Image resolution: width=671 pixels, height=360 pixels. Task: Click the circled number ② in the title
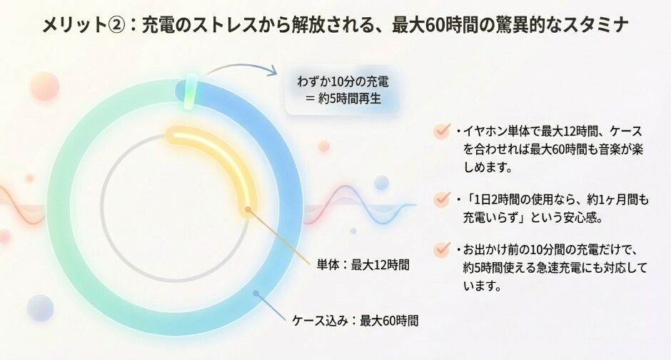click(x=117, y=25)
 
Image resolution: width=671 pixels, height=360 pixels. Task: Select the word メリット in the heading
click(x=74, y=25)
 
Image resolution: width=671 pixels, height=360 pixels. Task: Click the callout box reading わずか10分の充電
click(x=343, y=90)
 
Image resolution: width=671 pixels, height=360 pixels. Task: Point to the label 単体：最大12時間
click(x=363, y=265)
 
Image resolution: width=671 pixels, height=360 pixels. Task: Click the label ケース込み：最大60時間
click(x=355, y=321)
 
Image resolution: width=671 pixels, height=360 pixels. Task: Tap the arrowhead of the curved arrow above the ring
click(x=273, y=70)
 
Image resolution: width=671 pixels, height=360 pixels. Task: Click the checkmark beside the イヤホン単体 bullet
click(x=441, y=131)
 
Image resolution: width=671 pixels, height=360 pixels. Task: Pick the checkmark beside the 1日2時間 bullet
click(x=441, y=199)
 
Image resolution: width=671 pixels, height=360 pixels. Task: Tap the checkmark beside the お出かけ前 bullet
click(x=441, y=249)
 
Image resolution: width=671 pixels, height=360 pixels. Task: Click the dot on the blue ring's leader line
click(x=256, y=294)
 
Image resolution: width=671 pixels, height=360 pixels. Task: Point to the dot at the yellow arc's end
click(x=248, y=210)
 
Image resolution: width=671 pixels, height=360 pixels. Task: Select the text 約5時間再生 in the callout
click(x=350, y=99)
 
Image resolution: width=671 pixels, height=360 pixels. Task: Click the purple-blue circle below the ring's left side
click(x=40, y=308)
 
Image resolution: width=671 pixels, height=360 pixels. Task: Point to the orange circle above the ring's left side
click(x=44, y=86)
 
